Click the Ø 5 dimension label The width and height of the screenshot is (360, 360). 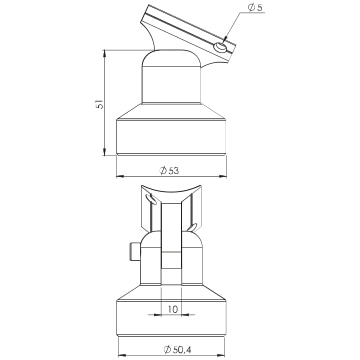[255, 8]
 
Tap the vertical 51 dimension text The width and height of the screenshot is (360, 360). [100, 104]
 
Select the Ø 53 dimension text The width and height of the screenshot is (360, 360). [169, 171]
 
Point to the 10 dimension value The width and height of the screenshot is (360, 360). [172, 309]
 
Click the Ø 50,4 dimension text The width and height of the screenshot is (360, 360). [177, 350]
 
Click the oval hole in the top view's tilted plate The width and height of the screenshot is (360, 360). [221, 48]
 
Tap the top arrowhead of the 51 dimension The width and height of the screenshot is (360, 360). [105, 53]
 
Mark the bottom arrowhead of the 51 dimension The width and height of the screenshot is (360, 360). [105, 152]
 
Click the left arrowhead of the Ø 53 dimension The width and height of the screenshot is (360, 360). [120, 176]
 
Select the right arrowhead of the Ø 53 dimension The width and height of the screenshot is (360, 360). [223, 176]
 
